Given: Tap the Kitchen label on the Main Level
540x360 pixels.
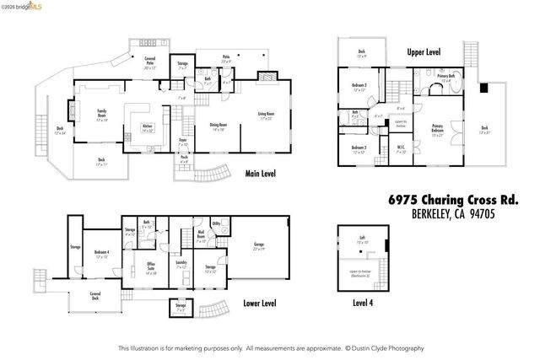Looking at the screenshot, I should (148, 128).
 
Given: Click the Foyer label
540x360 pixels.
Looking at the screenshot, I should (182, 143).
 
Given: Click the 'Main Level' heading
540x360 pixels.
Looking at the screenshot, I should (261, 175).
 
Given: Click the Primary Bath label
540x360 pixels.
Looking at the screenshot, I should (445, 77).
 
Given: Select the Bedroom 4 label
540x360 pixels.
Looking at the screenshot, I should (102, 254).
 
